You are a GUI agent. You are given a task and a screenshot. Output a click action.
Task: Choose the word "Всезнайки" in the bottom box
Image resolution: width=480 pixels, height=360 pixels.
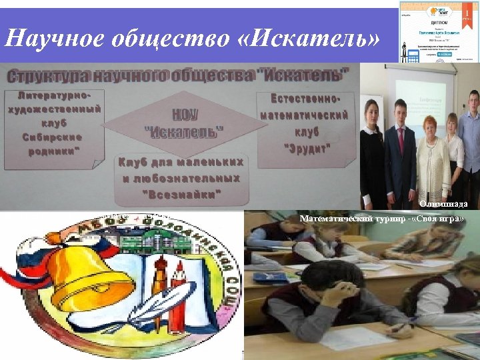pos(181,193)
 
